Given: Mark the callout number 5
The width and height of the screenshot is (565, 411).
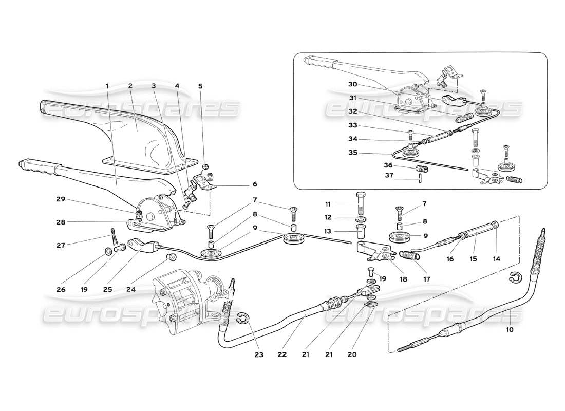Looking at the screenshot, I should click(x=200, y=86).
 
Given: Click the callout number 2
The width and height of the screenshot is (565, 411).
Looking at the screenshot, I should click(x=130, y=86).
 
